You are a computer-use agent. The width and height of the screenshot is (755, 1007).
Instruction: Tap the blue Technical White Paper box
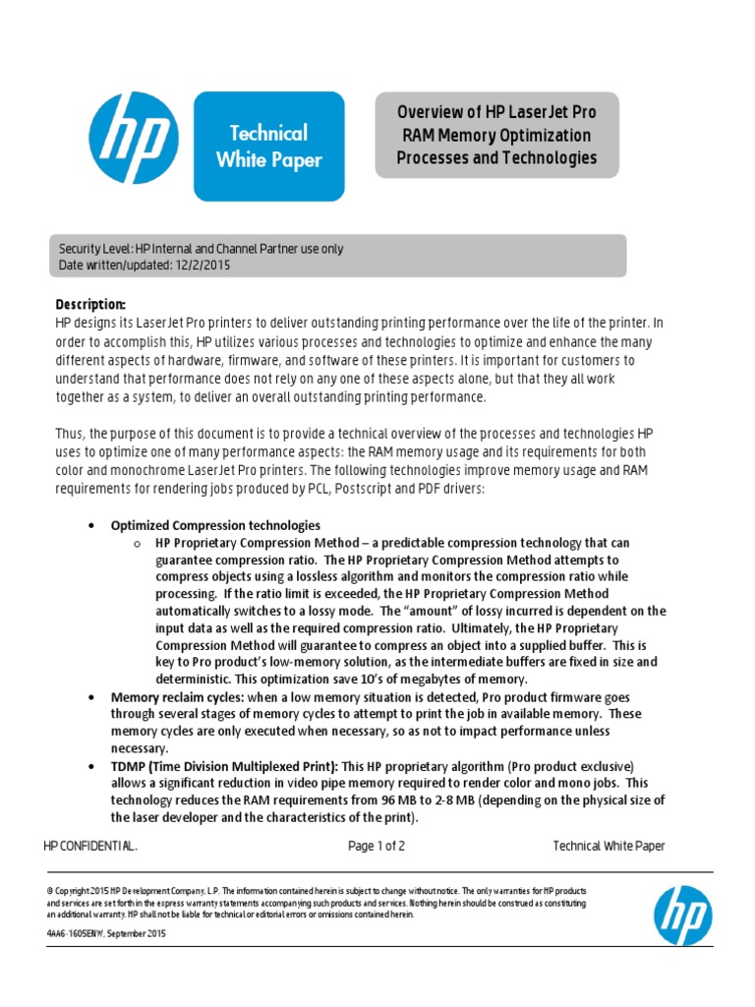click(x=268, y=146)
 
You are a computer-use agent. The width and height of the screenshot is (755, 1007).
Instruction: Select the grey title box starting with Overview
click(x=496, y=136)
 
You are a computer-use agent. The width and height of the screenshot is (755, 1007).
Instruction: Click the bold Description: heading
click(x=90, y=305)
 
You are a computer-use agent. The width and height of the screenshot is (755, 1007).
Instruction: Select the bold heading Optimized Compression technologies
click(x=215, y=525)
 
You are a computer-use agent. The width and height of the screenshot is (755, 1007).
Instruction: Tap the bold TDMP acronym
click(x=130, y=766)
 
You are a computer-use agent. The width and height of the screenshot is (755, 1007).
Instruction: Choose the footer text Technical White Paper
click(x=609, y=846)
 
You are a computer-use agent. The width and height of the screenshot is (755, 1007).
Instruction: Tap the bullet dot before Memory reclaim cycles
click(x=91, y=697)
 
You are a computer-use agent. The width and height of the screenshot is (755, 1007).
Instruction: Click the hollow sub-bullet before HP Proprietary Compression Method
click(x=137, y=543)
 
